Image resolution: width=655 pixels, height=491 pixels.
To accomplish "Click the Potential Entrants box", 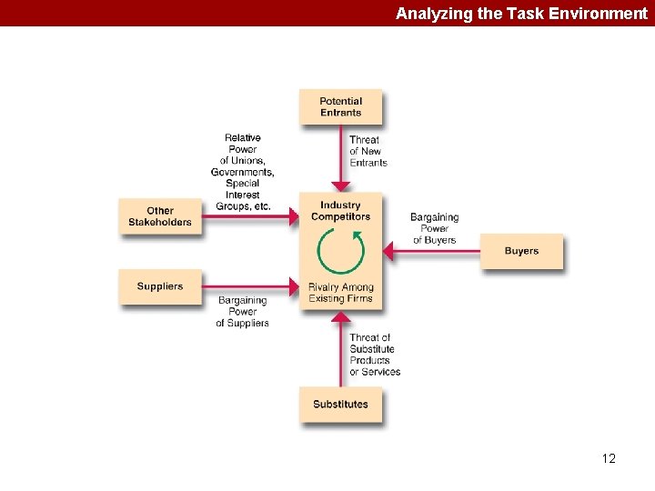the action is (x=341, y=107).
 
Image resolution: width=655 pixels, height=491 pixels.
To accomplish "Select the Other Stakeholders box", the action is (x=160, y=216).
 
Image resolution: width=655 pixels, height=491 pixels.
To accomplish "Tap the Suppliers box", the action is (x=160, y=286).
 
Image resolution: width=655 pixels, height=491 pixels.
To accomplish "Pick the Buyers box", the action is (x=521, y=251).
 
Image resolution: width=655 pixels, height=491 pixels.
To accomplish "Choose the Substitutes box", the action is (x=341, y=405).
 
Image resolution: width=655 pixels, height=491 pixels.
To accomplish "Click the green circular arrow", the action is (x=340, y=251).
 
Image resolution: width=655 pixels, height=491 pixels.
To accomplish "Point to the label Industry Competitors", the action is (x=341, y=211).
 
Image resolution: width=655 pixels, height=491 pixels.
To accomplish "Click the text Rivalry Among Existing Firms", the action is (x=341, y=293).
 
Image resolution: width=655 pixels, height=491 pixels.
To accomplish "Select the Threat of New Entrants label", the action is (x=368, y=151).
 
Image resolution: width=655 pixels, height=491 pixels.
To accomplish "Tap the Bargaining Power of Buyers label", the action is (x=434, y=228).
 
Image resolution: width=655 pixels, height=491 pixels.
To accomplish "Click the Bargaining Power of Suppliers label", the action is (x=242, y=311).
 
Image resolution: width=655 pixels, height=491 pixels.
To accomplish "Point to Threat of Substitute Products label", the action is (x=374, y=355).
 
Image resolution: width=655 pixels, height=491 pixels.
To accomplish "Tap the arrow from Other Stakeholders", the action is (x=251, y=216).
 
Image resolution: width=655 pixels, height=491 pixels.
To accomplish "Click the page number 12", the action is (x=609, y=458).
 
